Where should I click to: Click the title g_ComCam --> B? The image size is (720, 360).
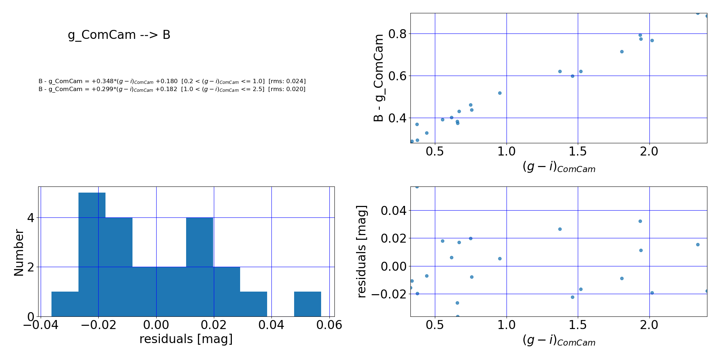pyautogui.click(x=119, y=35)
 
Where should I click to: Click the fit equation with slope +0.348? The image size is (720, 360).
pyautogui.click(x=172, y=81)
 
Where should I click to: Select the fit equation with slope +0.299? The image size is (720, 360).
pyautogui.click(x=172, y=89)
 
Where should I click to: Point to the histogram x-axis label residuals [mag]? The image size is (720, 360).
pyautogui.click(x=186, y=339)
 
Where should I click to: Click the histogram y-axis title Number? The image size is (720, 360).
pyautogui.click(x=19, y=253)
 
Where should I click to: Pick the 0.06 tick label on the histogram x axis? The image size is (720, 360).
pyautogui.click(x=329, y=325)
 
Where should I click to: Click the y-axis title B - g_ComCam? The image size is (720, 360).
pyautogui.click(x=378, y=78)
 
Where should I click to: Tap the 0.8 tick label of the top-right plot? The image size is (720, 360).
pyautogui.click(x=398, y=34)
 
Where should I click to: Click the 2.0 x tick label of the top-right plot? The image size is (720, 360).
pyautogui.click(x=649, y=152)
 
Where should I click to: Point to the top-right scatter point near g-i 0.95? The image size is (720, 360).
pyautogui.click(x=500, y=93)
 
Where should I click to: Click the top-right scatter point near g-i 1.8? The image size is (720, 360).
pyautogui.click(x=622, y=51)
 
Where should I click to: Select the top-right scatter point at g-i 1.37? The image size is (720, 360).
pyautogui.click(x=560, y=71)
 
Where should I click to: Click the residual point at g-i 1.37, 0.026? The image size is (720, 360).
pyautogui.click(x=560, y=229)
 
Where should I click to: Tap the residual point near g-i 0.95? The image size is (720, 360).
pyautogui.click(x=500, y=258)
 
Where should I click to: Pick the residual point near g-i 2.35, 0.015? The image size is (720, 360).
pyautogui.click(x=698, y=244)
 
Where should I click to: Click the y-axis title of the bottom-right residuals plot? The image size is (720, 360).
pyautogui.click(x=361, y=252)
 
